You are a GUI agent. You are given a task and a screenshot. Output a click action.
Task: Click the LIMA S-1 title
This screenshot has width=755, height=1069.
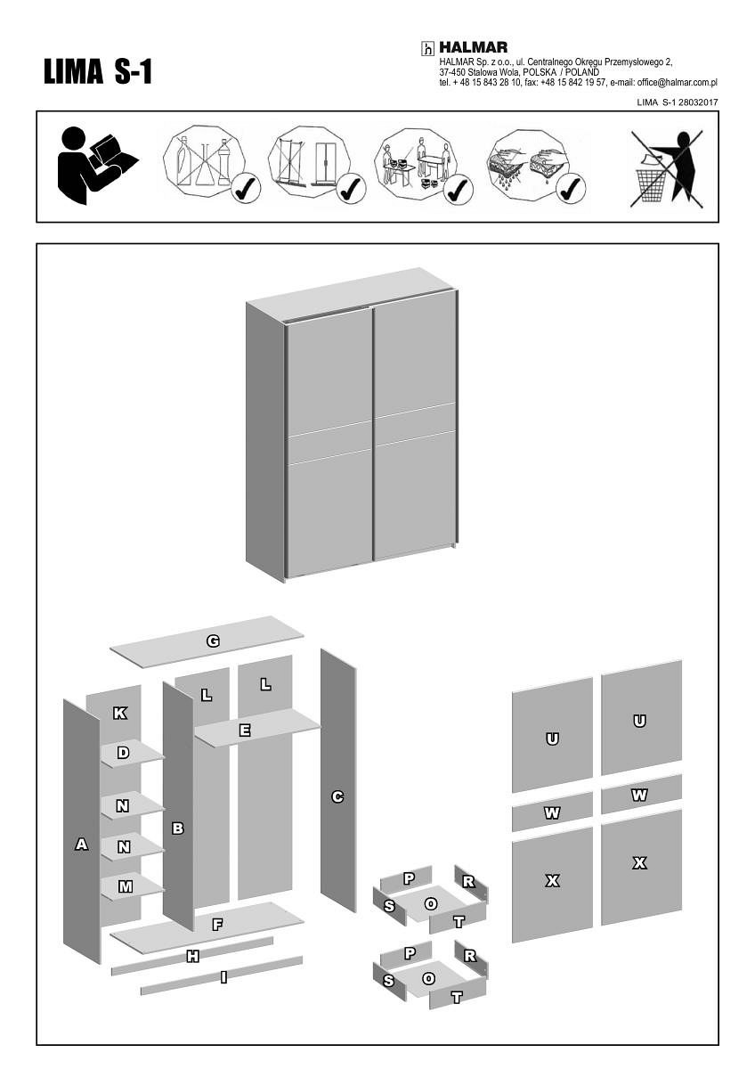pyautogui.click(x=98, y=72)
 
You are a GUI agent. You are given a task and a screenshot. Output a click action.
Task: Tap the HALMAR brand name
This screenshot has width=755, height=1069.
pyautogui.click(x=473, y=48)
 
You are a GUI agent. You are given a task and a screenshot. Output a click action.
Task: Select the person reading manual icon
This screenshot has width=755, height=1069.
pyautogui.click(x=98, y=166)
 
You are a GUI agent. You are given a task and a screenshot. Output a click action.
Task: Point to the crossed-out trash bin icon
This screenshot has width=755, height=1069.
pyautogui.click(x=667, y=169)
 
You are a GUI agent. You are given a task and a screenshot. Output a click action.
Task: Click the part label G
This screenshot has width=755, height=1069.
pyautogui.click(x=213, y=641)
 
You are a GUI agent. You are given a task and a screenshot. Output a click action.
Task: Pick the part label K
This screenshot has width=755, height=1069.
pyautogui.click(x=120, y=714)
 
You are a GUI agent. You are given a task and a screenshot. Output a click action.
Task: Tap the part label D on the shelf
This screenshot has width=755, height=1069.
pyautogui.click(x=123, y=753)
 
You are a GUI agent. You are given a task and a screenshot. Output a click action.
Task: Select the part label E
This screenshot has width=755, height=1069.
pyautogui.click(x=245, y=730)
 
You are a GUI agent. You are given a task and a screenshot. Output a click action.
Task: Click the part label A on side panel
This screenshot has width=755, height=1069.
pyautogui.click(x=82, y=845)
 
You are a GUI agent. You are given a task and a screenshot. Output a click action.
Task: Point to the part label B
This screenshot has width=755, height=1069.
pyautogui.click(x=178, y=828)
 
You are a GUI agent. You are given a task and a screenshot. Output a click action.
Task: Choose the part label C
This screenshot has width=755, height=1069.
pyautogui.click(x=337, y=796)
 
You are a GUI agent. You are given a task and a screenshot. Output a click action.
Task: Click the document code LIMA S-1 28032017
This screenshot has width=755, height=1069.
pyautogui.click(x=678, y=102)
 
